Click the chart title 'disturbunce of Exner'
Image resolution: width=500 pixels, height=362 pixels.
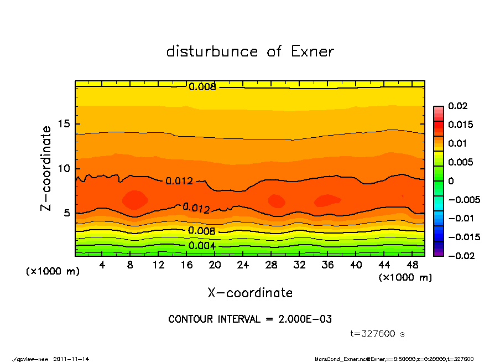click(x=250, y=51)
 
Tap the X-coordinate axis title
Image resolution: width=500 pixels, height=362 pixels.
click(x=250, y=293)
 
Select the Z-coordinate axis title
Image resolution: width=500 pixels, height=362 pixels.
click(x=46, y=168)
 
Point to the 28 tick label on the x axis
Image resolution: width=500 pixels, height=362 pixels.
click(x=272, y=265)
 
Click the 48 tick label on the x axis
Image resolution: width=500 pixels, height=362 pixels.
click(x=413, y=265)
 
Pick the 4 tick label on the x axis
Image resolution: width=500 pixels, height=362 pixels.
click(x=102, y=265)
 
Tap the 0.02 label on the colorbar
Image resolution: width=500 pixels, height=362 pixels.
click(x=458, y=106)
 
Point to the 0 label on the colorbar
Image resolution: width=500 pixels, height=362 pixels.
click(x=451, y=181)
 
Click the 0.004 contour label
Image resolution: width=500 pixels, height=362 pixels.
click(x=202, y=246)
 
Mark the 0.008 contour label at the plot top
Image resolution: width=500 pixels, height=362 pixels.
click(x=202, y=86)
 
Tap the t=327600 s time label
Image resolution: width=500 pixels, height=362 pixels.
click(x=378, y=334)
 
